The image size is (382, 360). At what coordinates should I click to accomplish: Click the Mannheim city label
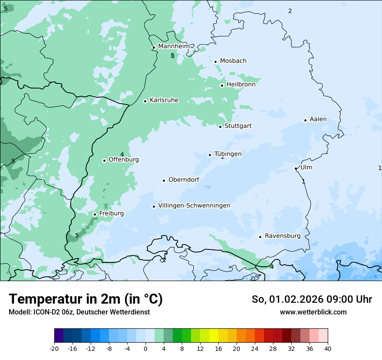coord(174,46)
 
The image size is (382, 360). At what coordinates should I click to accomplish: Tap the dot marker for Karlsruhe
coord(145,101)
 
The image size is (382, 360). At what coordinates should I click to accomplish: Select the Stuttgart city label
coord(238,126)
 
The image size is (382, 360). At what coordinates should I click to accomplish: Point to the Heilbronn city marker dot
coord(222,85)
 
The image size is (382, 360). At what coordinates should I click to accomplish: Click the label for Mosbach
coord(233,61)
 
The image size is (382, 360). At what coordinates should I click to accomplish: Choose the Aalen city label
coord(318,120)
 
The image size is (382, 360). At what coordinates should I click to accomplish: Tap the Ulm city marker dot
coord(296,168)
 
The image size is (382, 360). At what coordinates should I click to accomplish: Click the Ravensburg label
coord(283,236)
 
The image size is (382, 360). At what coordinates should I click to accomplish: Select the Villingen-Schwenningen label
coord(194,206)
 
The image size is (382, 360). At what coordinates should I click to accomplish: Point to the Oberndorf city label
coord(184,180)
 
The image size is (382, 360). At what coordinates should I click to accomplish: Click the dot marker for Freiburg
coord(95,214)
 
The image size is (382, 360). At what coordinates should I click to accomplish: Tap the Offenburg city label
coord(124,160)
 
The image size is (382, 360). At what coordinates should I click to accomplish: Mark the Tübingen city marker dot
coord(210,155)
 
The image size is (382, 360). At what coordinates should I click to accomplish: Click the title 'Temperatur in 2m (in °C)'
coord(86,299)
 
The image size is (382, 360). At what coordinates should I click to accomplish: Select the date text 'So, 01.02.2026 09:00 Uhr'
coord(312,299)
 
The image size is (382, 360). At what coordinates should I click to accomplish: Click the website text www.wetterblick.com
coord(313,312)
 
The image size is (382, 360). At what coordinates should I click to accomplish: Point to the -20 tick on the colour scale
coord(54,349)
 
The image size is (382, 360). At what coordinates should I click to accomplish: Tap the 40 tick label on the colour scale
coord(328,349)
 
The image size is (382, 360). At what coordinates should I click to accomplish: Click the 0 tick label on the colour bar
coord(145,349)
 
